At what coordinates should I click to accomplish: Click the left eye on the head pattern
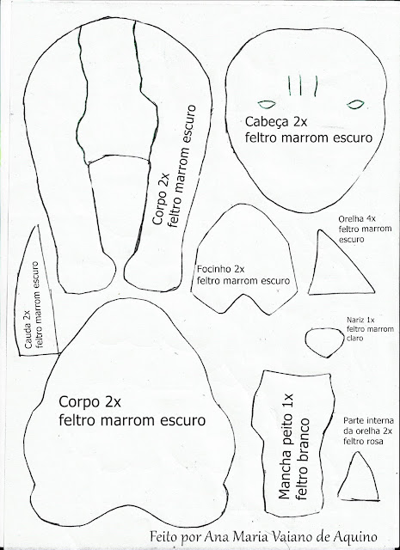[x=267, y=104]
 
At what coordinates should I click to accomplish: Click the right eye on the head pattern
[x=355, y=104]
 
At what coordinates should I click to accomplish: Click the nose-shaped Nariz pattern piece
[x=324, y=342]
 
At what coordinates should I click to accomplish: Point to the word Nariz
[x=356, y=320]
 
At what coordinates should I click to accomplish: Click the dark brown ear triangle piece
[x=338, y=266]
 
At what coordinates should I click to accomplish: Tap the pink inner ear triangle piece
[x=358, y=478]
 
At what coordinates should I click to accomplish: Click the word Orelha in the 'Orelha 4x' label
[x=351, y=219]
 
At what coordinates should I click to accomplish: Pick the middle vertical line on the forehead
[x=300, y=84]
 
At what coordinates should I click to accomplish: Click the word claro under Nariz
[x=354, y=339]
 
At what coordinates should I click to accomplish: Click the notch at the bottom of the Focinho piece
[x=243, y=295]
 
